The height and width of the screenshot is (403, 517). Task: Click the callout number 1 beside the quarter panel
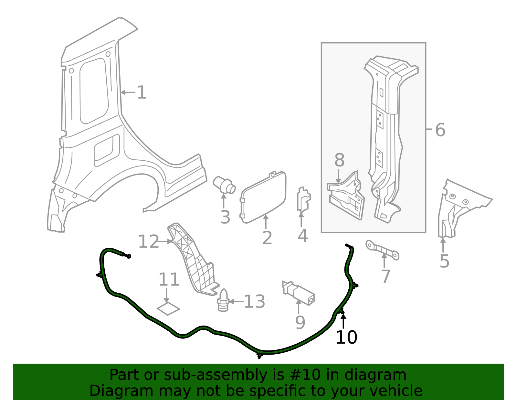click(142, 92)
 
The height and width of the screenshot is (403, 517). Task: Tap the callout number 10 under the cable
click(346, 337)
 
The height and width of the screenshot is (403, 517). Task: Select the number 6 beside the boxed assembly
click(440, 130)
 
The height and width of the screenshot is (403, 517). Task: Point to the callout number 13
click(254, 302)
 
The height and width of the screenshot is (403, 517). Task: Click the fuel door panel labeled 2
click(263, 197)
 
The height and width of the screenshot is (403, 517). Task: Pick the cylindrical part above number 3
click(224, 185)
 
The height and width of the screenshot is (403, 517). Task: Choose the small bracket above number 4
click(304, 199)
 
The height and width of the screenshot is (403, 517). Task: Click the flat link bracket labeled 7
click(382, 250)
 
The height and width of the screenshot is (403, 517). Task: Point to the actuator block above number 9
click(298, 293)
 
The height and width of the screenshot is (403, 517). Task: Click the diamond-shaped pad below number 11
click(168, 308)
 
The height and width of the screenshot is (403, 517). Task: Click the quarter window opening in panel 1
click(94, 91)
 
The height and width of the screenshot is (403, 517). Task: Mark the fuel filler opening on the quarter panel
click(107, 150)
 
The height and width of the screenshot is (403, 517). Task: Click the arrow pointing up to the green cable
click(343, 321)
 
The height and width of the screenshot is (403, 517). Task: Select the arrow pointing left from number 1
click(128, 92)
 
